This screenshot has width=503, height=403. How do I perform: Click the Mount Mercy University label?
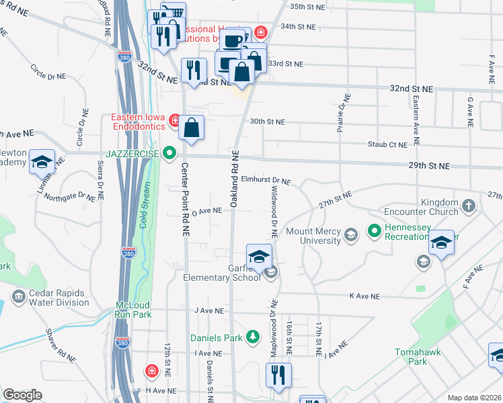coord(313,235)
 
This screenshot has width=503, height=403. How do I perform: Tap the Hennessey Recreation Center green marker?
coord(375,232)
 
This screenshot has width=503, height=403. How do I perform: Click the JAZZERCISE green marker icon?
coord(169,153)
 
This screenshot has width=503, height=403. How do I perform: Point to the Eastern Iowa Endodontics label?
coord(138,121)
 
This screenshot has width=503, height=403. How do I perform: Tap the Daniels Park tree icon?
coord(252,336)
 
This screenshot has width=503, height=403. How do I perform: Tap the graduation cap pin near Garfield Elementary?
coord(259,256)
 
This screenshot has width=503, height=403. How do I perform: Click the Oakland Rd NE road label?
coord(235,178)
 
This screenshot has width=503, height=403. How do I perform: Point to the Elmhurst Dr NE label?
coord(266,181)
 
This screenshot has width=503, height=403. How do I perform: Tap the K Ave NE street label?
coord(364,296)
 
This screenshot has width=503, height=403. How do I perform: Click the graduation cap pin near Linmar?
coord(42,162)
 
